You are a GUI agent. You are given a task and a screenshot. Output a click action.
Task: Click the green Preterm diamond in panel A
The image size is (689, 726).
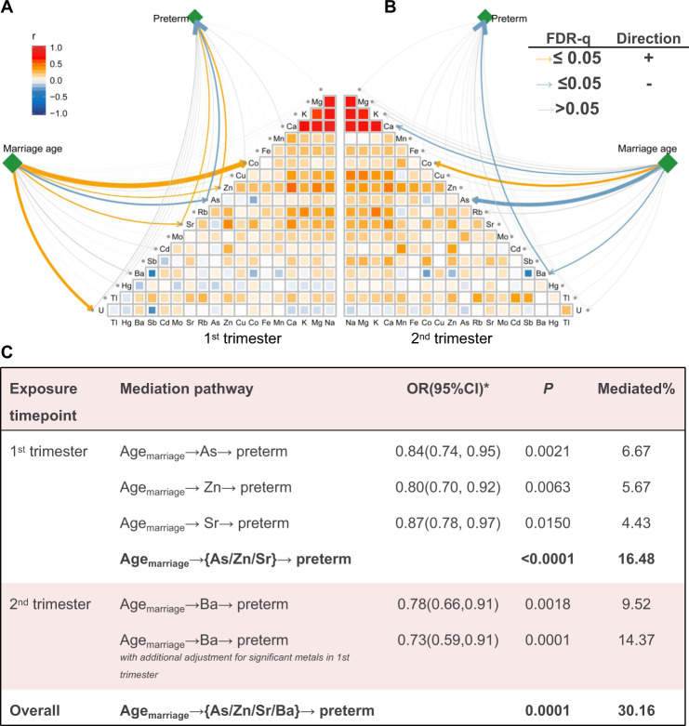pos(195,15)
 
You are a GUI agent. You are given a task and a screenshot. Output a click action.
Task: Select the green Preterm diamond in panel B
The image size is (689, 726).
pos(484,15)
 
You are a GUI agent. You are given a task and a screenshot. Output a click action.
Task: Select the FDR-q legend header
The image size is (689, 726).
pos(561,39)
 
